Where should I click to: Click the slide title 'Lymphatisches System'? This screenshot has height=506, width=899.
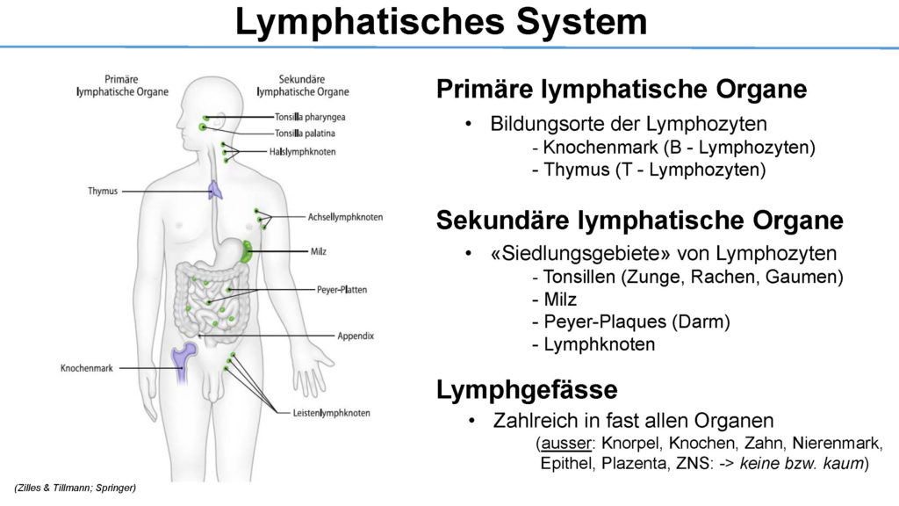(441, 23)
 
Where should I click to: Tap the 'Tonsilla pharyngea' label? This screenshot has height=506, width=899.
(310, 117)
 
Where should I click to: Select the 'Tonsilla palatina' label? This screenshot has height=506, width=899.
(305, 134)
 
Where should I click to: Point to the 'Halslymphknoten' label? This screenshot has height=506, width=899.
(303, 152)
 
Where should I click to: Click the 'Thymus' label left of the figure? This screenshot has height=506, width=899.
(103, 191)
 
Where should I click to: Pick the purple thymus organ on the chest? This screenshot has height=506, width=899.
(215, 190)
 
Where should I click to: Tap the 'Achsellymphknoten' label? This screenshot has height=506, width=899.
(345, 217)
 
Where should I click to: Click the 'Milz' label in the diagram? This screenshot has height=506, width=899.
(318, 251)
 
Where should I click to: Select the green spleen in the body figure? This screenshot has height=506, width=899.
(247, 252)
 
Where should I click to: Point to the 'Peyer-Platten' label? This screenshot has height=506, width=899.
(342, 290)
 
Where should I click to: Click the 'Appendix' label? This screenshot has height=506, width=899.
(356, 336)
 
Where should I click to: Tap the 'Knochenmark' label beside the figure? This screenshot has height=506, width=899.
(87, 368)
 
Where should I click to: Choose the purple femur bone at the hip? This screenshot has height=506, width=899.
(183, 361)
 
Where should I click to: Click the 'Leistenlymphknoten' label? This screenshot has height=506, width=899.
(331, 413)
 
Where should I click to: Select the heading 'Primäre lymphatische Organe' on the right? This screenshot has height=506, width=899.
(622, 90)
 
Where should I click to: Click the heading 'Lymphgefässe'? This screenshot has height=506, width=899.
(527, 389)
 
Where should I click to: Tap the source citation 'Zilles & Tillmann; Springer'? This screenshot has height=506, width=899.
(76, 488)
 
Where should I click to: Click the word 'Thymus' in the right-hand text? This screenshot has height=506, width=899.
(576, 170)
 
